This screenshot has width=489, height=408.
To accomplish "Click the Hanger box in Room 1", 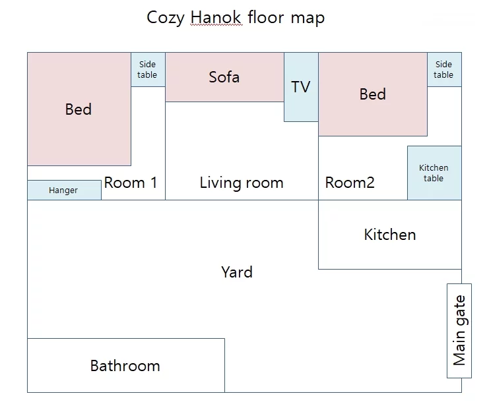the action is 64,190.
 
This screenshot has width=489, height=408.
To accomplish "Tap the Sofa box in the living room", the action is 224,77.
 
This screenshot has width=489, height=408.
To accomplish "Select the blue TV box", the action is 301,87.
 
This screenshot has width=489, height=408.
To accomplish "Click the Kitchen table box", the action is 434,173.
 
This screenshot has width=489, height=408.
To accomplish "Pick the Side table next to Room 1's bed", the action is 148,69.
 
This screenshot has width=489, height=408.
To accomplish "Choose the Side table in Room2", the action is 444,69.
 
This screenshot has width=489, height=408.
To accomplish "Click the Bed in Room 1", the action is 79,109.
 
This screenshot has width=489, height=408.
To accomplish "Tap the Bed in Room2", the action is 373,94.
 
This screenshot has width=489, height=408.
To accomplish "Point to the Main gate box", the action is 459,331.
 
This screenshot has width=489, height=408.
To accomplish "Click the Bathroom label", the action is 125,366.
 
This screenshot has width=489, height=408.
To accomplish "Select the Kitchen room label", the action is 390,235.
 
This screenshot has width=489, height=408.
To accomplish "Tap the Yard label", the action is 237,272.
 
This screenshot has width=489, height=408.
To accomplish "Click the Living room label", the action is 242,183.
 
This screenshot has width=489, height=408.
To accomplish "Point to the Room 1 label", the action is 131,183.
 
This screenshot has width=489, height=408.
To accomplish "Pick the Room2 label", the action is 350,183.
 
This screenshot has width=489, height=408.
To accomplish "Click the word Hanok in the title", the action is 216,17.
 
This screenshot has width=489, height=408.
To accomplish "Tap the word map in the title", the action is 308,18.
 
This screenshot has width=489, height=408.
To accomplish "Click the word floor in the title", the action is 266,17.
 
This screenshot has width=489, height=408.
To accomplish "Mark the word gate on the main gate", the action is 461,310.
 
